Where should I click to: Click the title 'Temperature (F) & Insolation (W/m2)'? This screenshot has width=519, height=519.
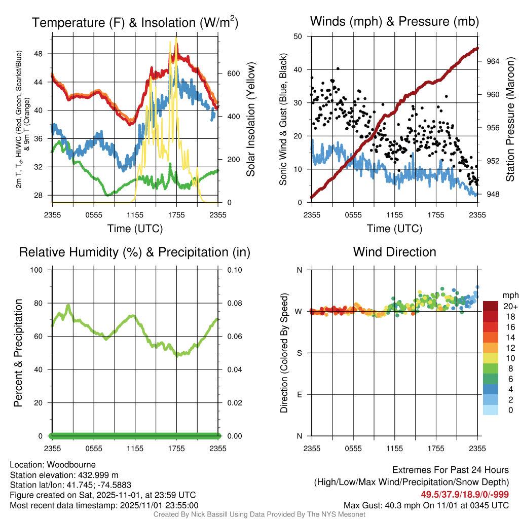point(135,22)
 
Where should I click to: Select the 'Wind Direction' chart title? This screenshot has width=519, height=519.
point(394,252)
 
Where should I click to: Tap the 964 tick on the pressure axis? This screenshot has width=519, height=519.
point(493,61)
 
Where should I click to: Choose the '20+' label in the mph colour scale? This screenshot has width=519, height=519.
point(509,306)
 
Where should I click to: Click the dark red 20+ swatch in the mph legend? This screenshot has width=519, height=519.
point(490,306)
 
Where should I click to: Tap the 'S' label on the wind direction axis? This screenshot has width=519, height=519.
point(300,353)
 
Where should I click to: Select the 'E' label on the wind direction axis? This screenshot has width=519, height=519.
point(300,394)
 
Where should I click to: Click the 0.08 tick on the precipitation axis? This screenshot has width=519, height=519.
point(234,303)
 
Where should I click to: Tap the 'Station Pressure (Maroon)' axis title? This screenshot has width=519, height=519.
point(510,120)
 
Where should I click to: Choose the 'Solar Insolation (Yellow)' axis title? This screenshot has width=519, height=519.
point(251,120)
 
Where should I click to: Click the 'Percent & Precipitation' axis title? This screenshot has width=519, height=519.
point(18,353)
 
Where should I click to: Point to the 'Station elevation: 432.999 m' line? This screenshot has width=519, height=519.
point(64,475)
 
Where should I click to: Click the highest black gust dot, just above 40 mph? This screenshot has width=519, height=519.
point(338,68)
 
